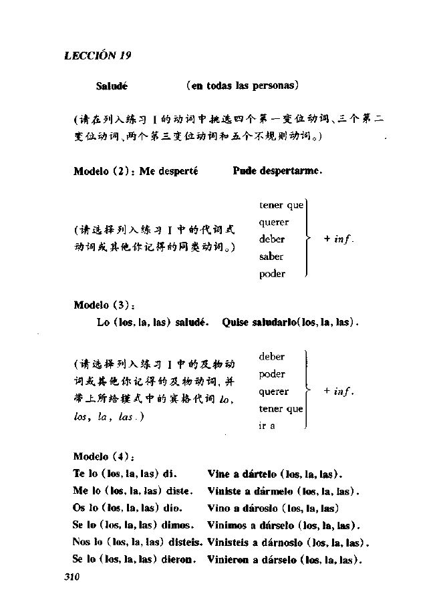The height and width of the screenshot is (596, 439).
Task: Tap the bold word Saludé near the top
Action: pos(112,86)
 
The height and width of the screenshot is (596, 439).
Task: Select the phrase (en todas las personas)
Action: pos(243,86)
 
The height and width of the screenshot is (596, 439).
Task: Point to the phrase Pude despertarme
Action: pos(277,171)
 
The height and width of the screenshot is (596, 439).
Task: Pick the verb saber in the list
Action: pos(271,257)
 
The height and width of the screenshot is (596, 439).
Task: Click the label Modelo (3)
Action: pos(104,305)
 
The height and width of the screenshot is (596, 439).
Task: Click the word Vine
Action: pos(218,474)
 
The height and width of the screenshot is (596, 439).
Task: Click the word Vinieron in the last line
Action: pos(228,559)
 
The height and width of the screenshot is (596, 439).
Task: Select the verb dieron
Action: pos(178,559)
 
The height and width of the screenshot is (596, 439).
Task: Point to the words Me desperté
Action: pos(169,171)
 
